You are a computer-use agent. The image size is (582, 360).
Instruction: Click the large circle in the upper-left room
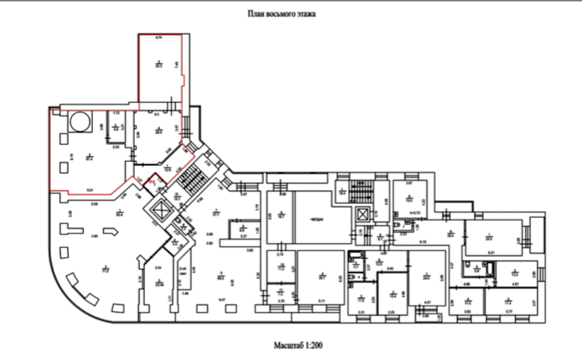(79, 122)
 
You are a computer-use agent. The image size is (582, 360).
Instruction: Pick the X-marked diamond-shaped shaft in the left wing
(161, 210)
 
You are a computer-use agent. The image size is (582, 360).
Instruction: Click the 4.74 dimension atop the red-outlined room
(158, 38)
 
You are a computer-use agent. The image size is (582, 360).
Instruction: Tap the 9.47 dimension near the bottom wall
(221, 299)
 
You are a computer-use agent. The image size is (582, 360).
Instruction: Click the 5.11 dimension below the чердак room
(321, 299)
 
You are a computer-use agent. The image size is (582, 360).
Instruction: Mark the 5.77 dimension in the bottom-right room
(508, 310)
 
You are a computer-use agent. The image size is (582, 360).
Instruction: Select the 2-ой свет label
(183, 268)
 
